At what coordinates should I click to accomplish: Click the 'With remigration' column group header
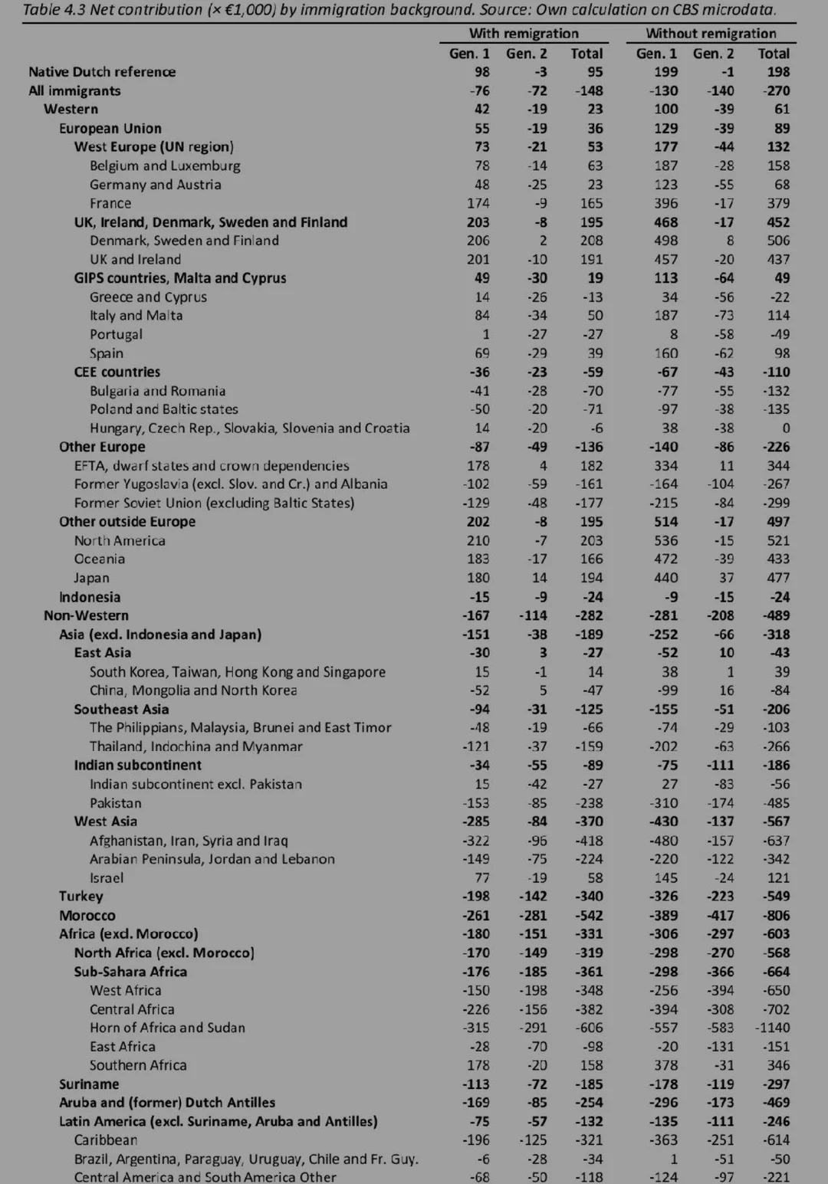(x=524, y=34)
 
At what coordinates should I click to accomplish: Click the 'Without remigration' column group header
(x=711, y=34)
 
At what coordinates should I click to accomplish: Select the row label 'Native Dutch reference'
(x=102, y=72)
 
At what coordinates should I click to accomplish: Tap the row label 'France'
(x=110, y=203)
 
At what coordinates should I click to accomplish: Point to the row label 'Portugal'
(x=116, y=334)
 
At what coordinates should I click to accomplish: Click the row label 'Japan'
(x=92, y=578)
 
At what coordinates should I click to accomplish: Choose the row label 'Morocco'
(x=87, y=915)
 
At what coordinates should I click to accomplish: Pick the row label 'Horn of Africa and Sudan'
(x=167, y=1028)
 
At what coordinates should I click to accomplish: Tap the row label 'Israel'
(x=107, y=877)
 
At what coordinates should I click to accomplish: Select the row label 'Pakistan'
(x=116, y=803)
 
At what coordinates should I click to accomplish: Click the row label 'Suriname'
(x=89, y=1084)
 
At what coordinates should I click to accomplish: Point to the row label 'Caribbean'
(x=106, y=1140)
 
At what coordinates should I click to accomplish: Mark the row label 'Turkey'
(x=81, y=896)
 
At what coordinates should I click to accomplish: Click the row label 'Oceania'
(x=100, y=559)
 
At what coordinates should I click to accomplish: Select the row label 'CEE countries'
(x=117, y=372)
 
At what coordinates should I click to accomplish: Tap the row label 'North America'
(x=120, y=540)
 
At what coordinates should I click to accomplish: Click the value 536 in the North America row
(x=665, y=540)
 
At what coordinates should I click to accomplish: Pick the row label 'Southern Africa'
(x=138, y=1065)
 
